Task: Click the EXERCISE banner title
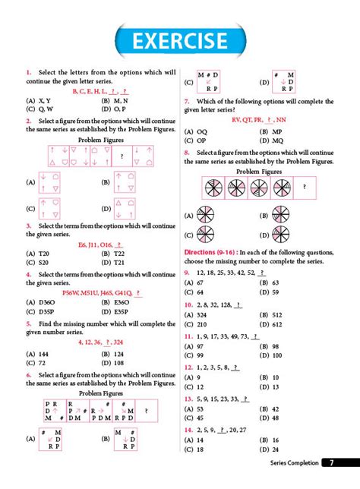[x=180, y=40]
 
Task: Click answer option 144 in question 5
[x=43, y=354]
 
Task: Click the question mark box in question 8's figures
[x=305, y=186]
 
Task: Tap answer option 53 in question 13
[x=201, y=408]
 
